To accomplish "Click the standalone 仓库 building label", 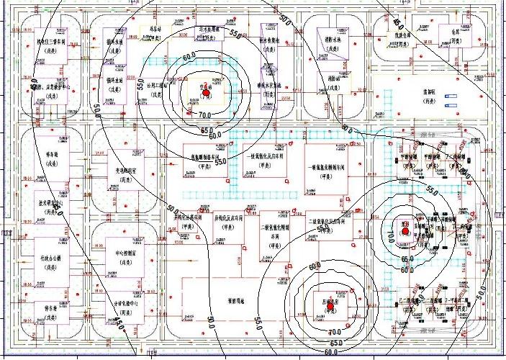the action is pyautogui.click(x=454, y=32).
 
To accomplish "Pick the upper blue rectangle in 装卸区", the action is pyautogui.click(x=451, y=95).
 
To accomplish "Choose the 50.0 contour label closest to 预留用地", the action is pyautogui.click(x=211, y=319).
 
